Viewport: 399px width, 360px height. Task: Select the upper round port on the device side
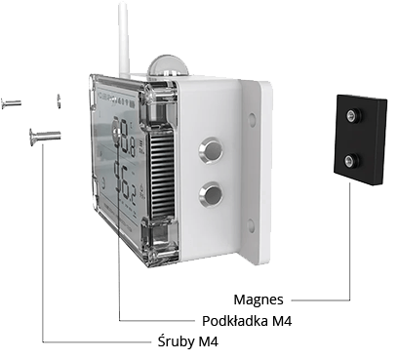[208, 149]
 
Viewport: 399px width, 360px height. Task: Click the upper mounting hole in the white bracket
[252, 120]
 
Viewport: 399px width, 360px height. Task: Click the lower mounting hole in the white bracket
[252, 223]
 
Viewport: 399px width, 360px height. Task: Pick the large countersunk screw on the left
[45, 135]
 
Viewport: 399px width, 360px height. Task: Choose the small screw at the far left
[11, 102]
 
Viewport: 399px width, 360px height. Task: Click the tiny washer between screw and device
[59, 101]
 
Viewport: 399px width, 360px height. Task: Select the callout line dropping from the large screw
[43, 244]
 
